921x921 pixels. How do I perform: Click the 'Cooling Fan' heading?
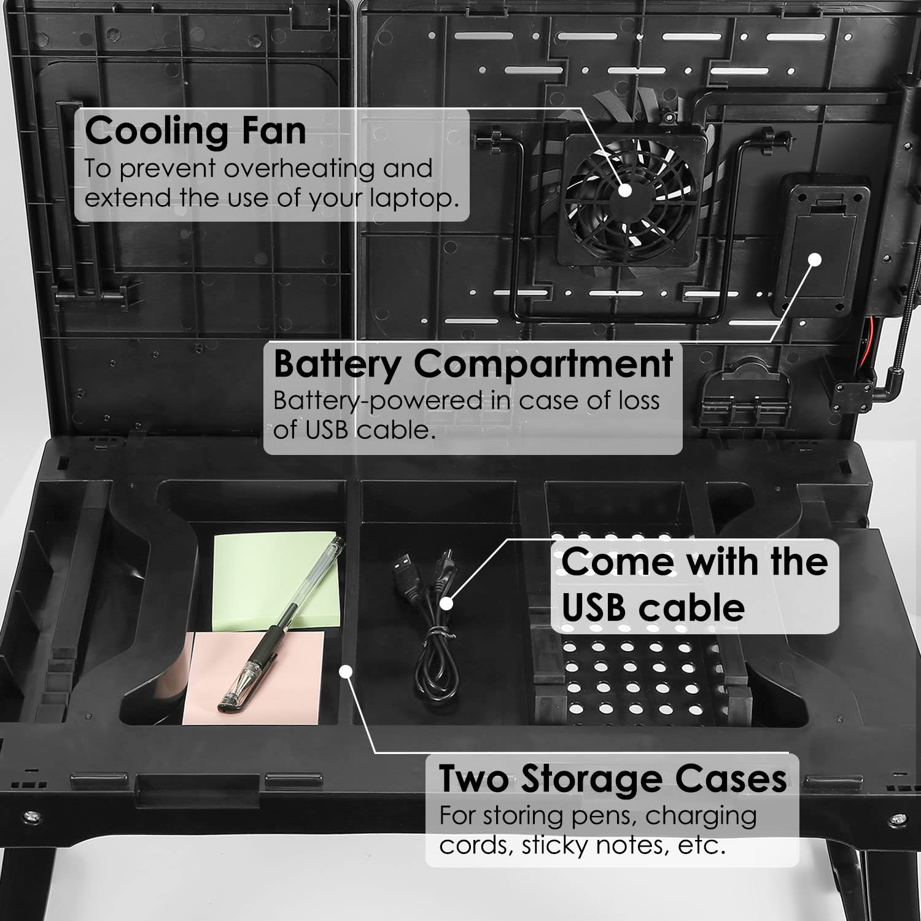point(195,131)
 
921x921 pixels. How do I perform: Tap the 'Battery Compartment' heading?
point(473,363)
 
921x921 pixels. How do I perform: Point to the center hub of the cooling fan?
point(625,190)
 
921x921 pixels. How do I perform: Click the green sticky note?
point(276,580)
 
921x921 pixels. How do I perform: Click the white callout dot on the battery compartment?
point(815,259)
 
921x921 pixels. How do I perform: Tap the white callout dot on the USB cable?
point(446,604)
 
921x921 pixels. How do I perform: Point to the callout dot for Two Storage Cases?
point(346,672)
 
